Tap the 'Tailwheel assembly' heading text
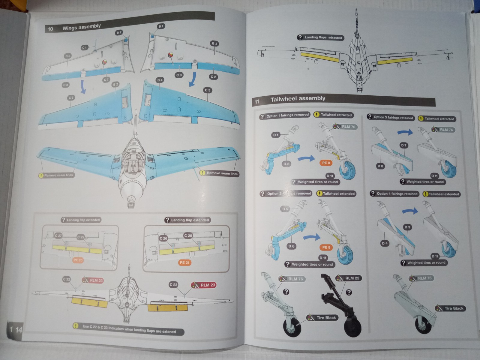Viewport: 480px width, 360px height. tap(298, 99)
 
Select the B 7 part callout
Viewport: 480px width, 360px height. tap(119, 32)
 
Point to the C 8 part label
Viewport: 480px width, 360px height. tap(179, 75)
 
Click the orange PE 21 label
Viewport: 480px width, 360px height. tap(184, 262)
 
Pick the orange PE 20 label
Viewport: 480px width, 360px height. tap(78, 260)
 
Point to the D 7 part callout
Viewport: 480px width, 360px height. tap(404, 145)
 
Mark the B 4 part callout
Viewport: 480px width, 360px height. tap(160, 80)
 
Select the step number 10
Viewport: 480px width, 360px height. tap(50, 29)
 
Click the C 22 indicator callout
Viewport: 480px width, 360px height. tap(66, 279)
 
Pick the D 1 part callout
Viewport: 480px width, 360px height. tap(275, 135)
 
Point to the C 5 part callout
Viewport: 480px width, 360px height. tap(208, 90)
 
